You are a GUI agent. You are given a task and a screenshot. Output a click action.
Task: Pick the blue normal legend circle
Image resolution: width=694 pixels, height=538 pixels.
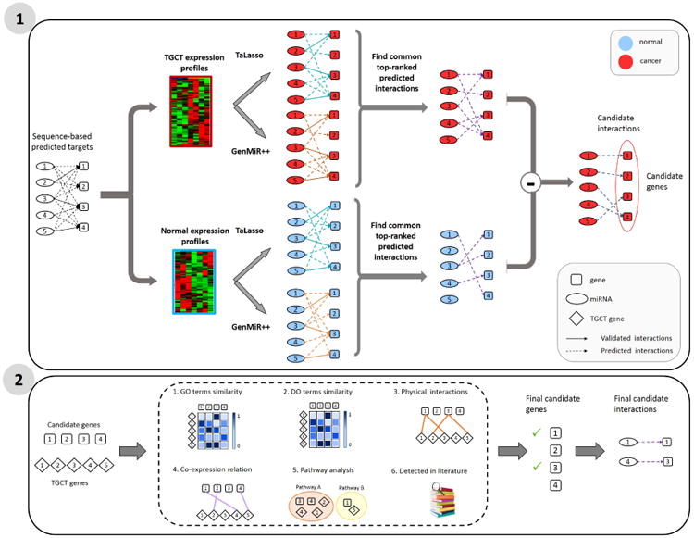click(x=626, y=43)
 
